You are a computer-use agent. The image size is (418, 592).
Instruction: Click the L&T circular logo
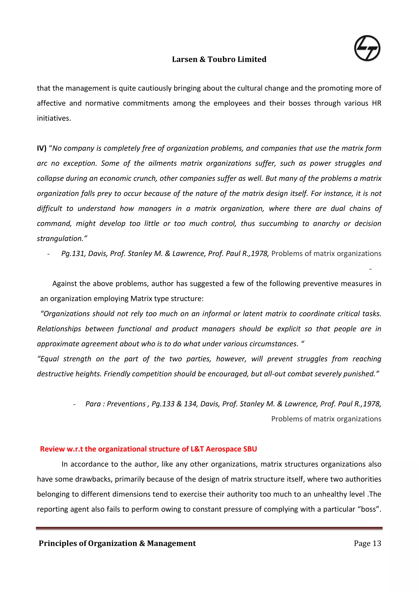point(367,48)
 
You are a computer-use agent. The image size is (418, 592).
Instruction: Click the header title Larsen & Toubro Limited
point(219,59)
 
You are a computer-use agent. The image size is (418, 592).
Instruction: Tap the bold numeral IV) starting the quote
point(41,148)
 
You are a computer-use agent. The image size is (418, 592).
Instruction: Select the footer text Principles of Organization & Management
point(117,543)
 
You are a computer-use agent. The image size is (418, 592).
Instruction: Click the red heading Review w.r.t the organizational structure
point(148,449)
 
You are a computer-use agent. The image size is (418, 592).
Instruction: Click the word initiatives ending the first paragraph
point(53,118)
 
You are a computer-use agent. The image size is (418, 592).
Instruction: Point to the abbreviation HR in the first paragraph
point(376,103)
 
